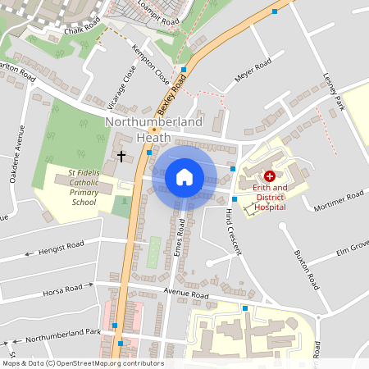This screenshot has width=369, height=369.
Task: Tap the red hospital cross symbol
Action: coord(270,176)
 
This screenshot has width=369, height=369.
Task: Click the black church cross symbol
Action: coord(121,155)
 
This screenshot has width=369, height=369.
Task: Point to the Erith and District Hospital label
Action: coord(270,197)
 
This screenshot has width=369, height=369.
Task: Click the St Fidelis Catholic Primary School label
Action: coord(84,188)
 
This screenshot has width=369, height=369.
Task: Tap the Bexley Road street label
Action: coord(172,93)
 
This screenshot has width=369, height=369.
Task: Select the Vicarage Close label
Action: coord(131,82)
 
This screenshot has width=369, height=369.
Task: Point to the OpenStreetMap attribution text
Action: coord(82,363)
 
